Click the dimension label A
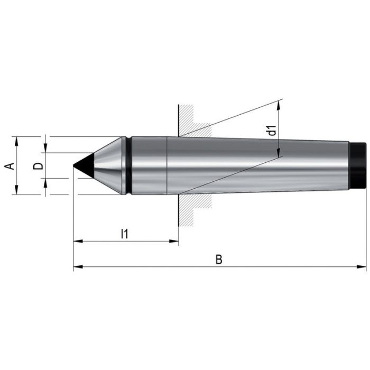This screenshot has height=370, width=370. pyautogui.click(x=9, y=166)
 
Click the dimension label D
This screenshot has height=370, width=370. pyautogui.click(x=38, y=166)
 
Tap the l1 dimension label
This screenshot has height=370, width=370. pyautogui.click(x=125, y=233)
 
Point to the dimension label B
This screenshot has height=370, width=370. pyautogui.click(x=218, y=260)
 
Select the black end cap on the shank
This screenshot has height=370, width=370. pyautogui.click(x=358, y=165)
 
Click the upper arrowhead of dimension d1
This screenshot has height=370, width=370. pyautogui.click(x=279, y=104)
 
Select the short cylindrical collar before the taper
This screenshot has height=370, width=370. pyautogui.click(x=148, y=165)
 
